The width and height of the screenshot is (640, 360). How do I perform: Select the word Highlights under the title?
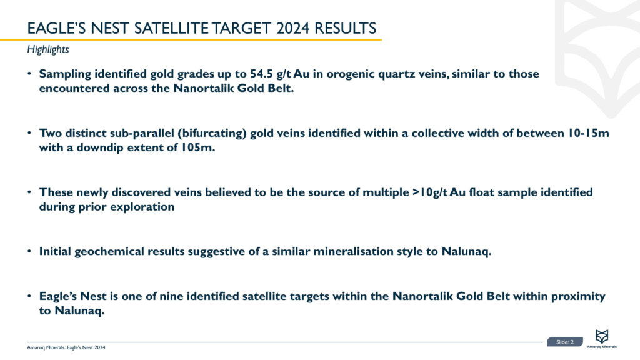click(48, 49)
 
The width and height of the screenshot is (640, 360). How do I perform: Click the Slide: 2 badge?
click(565, 342)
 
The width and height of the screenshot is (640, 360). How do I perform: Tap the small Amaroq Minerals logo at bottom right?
click(602, 339)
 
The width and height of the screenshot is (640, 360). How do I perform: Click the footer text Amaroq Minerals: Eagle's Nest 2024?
click(66, 347)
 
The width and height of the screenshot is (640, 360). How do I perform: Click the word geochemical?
click(109, 251)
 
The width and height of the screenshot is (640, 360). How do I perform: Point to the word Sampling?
click(65, 74)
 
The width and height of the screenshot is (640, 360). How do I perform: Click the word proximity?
click(578, 297)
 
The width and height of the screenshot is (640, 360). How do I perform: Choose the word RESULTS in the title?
click(345, 28)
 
